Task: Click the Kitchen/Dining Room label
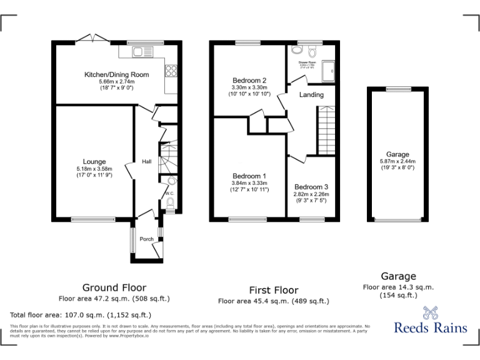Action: coord(117,75)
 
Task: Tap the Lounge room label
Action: coord(94,162)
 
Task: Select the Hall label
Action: coord(146,162)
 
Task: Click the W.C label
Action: coord(169,194)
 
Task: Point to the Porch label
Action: coord(146,239)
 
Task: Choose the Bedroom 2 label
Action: coord(249,81)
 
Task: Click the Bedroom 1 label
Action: coord(249,176)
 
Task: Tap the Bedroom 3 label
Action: coord(311,187)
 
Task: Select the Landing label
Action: coord(311,95)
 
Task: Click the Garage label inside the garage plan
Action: coord(397,154)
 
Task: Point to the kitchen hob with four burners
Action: coord(171,71)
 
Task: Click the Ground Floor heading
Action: coord(110,287)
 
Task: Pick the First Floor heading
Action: coord(272,290)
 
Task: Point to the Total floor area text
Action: coord(80,315)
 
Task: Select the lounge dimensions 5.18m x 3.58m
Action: coord(94,169)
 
